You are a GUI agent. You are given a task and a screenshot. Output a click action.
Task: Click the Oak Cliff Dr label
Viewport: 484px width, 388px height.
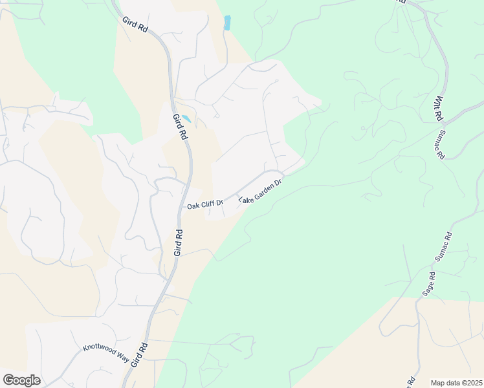coord(204,205)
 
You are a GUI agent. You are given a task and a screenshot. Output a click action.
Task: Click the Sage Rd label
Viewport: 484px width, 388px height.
coord(428,284)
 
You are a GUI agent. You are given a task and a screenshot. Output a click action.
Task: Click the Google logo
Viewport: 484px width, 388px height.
coord(21,380)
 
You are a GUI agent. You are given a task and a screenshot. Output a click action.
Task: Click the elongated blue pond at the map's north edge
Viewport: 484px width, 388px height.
coord(227,23)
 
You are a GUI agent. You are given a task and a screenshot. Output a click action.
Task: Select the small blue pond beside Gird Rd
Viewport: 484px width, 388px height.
coord(186,119)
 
